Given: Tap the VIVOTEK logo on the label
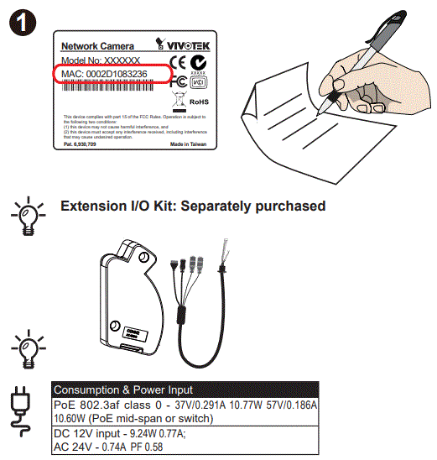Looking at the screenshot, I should [180, 44].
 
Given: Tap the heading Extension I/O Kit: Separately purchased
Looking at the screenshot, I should [193, 206].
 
